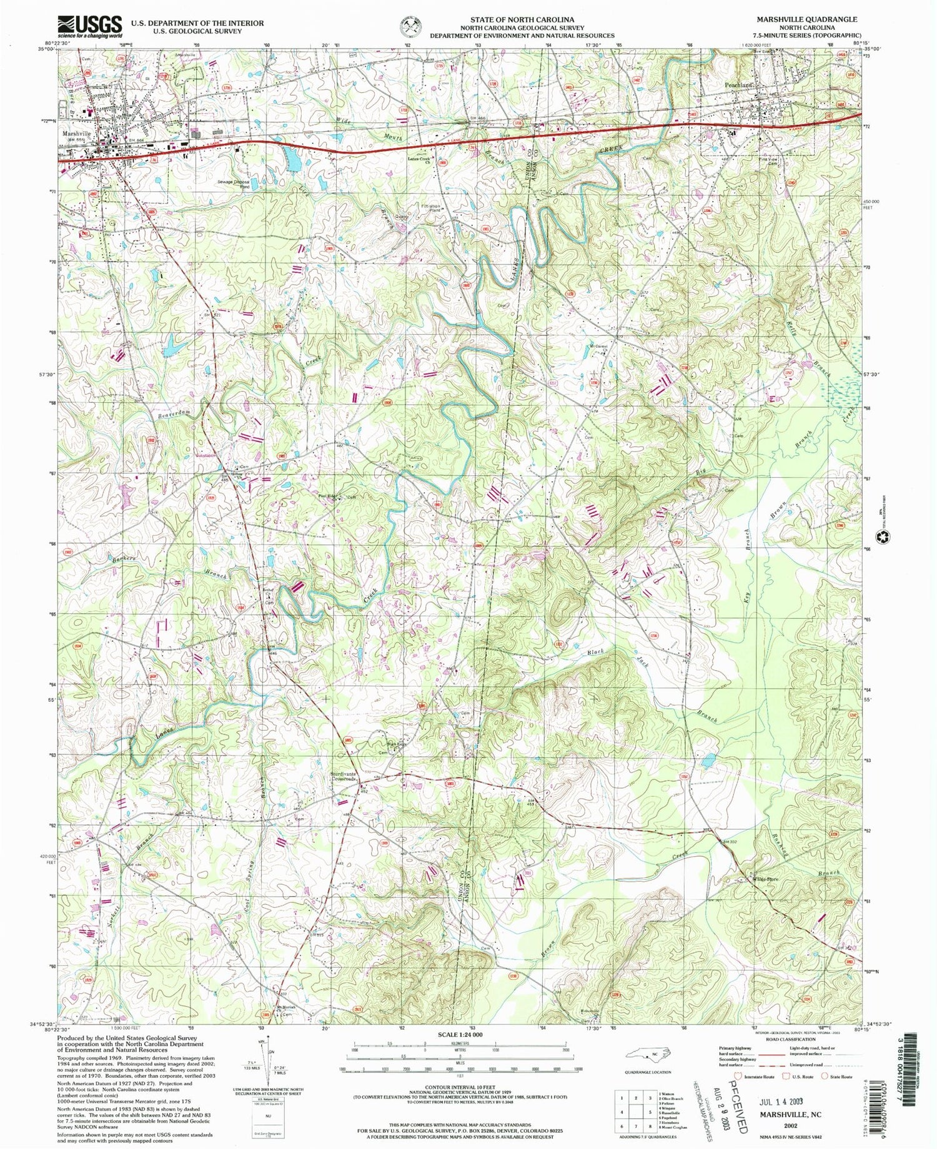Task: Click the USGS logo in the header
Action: click(x=90, y=27)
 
